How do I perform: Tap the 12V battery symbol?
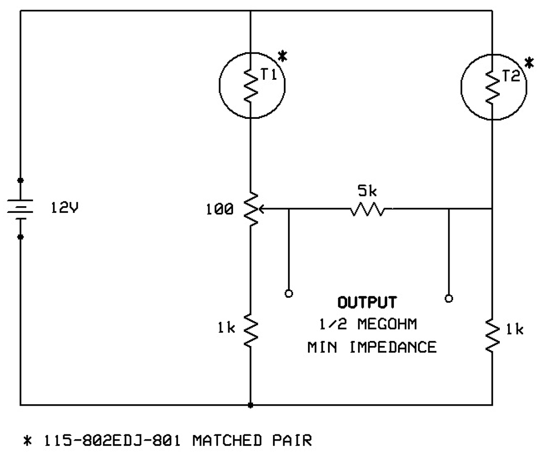20,209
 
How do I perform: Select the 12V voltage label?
65,209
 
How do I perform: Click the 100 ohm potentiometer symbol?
250,209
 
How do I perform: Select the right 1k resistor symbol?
493,335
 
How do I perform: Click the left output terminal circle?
289,294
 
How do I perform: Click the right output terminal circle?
449,298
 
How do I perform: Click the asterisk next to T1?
281,55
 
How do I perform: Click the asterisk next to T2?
529,63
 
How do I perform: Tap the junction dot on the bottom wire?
250,405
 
